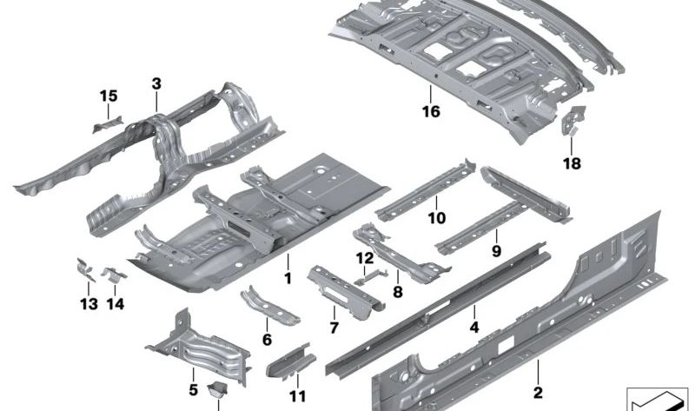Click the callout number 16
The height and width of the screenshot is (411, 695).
coord(431,111)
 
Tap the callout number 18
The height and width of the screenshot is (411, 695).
coord(572,163)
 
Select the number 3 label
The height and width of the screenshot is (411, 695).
coord(156,83)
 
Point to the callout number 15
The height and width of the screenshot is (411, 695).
coord(109,96)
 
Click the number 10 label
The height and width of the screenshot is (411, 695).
coord(437,218)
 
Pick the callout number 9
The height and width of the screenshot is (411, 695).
coord(496,251)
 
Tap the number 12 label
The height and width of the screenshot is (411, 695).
coord(365,257)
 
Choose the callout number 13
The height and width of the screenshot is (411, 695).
coord(89,304)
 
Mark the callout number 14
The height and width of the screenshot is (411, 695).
coord(116,304)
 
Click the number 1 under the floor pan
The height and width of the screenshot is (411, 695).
coord(288,278)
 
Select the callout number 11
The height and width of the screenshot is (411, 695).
coord(297,396)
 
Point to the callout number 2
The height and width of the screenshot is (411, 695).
coord(538,393)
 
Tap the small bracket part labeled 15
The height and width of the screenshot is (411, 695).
coord(107,124)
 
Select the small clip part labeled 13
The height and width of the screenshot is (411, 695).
coord(85,269)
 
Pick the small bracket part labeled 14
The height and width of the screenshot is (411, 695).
coord(114,275)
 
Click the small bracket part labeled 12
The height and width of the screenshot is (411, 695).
coord(372,276)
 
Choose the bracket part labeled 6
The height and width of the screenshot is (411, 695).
coord(269,307)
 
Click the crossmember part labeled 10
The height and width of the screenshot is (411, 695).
coord(426,191)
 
